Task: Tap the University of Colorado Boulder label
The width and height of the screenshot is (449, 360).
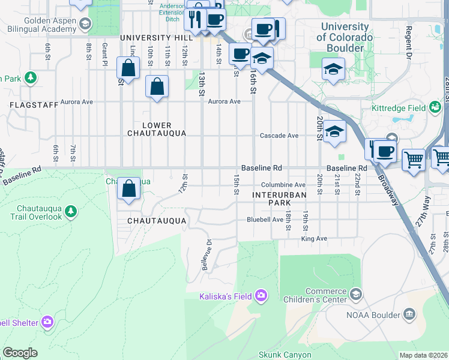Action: (x=345, y=37)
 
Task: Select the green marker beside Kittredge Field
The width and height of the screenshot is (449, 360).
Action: (x=436, y=107)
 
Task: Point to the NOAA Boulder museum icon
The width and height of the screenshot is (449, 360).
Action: (x=409, y=314)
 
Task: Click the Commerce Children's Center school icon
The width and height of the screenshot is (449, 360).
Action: (x=356, y=293)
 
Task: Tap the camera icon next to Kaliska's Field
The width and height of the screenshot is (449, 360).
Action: (x=261, y=295)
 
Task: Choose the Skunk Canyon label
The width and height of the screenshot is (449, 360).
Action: (x=285, y=355)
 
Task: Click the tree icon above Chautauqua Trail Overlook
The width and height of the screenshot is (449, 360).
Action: (x=71, y=211)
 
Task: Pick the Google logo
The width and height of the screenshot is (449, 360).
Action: (x=20, y=352)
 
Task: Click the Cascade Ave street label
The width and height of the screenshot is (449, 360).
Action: (x=279, y=136)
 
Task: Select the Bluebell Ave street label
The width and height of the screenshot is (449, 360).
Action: (x=265, y=220)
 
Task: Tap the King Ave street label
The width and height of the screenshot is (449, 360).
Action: (x=314, y=238)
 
